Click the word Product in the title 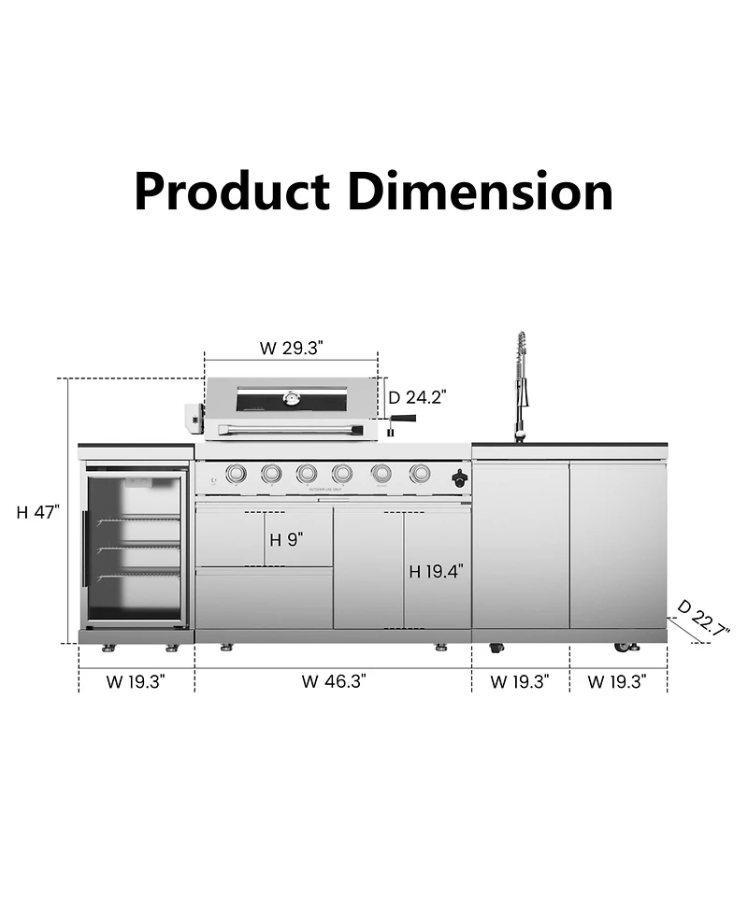click(x=232, y=191)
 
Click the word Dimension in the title click(x=481, y=191)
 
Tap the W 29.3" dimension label click(x=291, y=349)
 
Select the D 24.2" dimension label click(x=417, y=397)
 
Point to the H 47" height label click(x=38, y=512)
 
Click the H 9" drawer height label click(x=287, y=539)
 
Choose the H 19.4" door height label click(x=436, y=572)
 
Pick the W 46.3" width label click(x=333, y=681)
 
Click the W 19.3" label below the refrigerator click(x=136, y=681)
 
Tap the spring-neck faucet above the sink click(x=520, y=383)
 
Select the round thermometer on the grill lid click(x=292, y=401)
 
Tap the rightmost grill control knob click(x=419, y=475)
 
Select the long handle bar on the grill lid click(x=290, y=429)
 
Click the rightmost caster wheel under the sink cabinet click(x=621, y=648)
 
